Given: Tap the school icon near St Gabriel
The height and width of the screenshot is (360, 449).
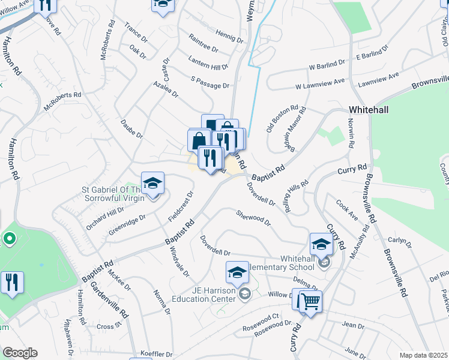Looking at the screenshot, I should tap(152, 183).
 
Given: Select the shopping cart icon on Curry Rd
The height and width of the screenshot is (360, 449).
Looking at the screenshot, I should tap(310, 301).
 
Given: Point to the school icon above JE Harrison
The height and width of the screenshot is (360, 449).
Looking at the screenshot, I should tap(237, 273).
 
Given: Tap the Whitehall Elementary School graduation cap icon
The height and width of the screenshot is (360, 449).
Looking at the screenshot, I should tap(321, 244).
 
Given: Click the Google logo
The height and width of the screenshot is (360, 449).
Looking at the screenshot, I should tap(20, 353).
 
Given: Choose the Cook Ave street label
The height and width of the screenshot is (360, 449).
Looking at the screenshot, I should tap(347, 209).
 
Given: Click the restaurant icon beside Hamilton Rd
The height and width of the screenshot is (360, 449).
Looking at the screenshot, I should tap(12, 282).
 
